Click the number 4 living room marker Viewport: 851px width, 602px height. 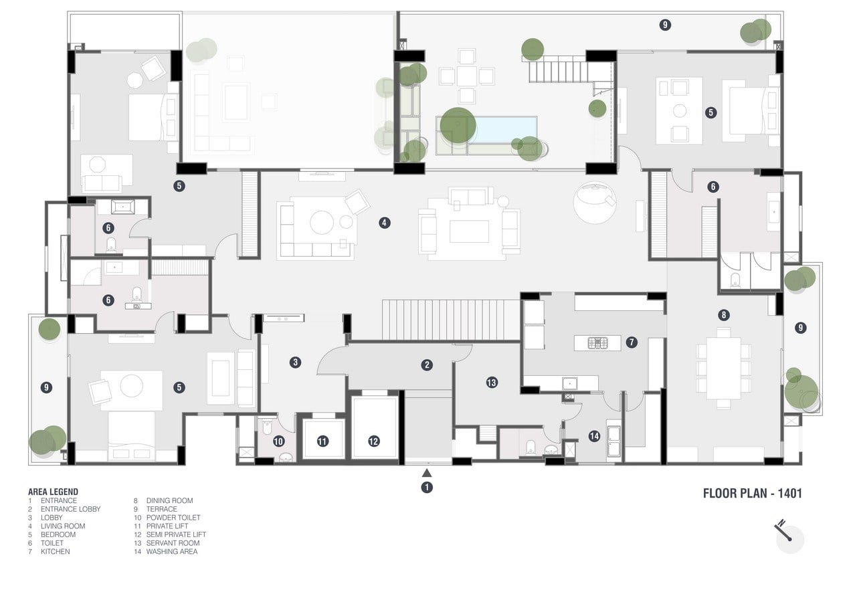(x=385, y=223)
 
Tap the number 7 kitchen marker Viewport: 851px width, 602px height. (x=632, y=342)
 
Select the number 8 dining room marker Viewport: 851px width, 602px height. (x=723, y=315)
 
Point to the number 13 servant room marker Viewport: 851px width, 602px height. (x=492, y=383)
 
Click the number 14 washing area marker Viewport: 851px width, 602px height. (x=594, y=436)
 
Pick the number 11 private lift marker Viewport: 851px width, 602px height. (x=322, y=441)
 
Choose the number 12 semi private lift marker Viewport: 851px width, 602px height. (x=373, y=441)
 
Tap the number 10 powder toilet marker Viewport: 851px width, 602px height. (x=278, y=441)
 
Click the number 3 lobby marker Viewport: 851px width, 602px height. (x=295, y=363)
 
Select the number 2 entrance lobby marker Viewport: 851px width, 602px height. (x=427, y=365)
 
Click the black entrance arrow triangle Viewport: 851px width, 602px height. (x=427, y=473)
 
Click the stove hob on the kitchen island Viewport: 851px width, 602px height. (x=598, y=343)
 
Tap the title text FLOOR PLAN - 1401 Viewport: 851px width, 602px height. (x=752, y=494)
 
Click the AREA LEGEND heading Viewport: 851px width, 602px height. (x=53, y=492)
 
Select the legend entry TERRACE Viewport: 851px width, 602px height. (x=161, y=509)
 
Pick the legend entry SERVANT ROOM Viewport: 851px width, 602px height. (x=173, y=543)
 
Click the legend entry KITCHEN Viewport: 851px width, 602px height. (x=55, y=551)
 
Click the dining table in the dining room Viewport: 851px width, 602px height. (x=723, y=368)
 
